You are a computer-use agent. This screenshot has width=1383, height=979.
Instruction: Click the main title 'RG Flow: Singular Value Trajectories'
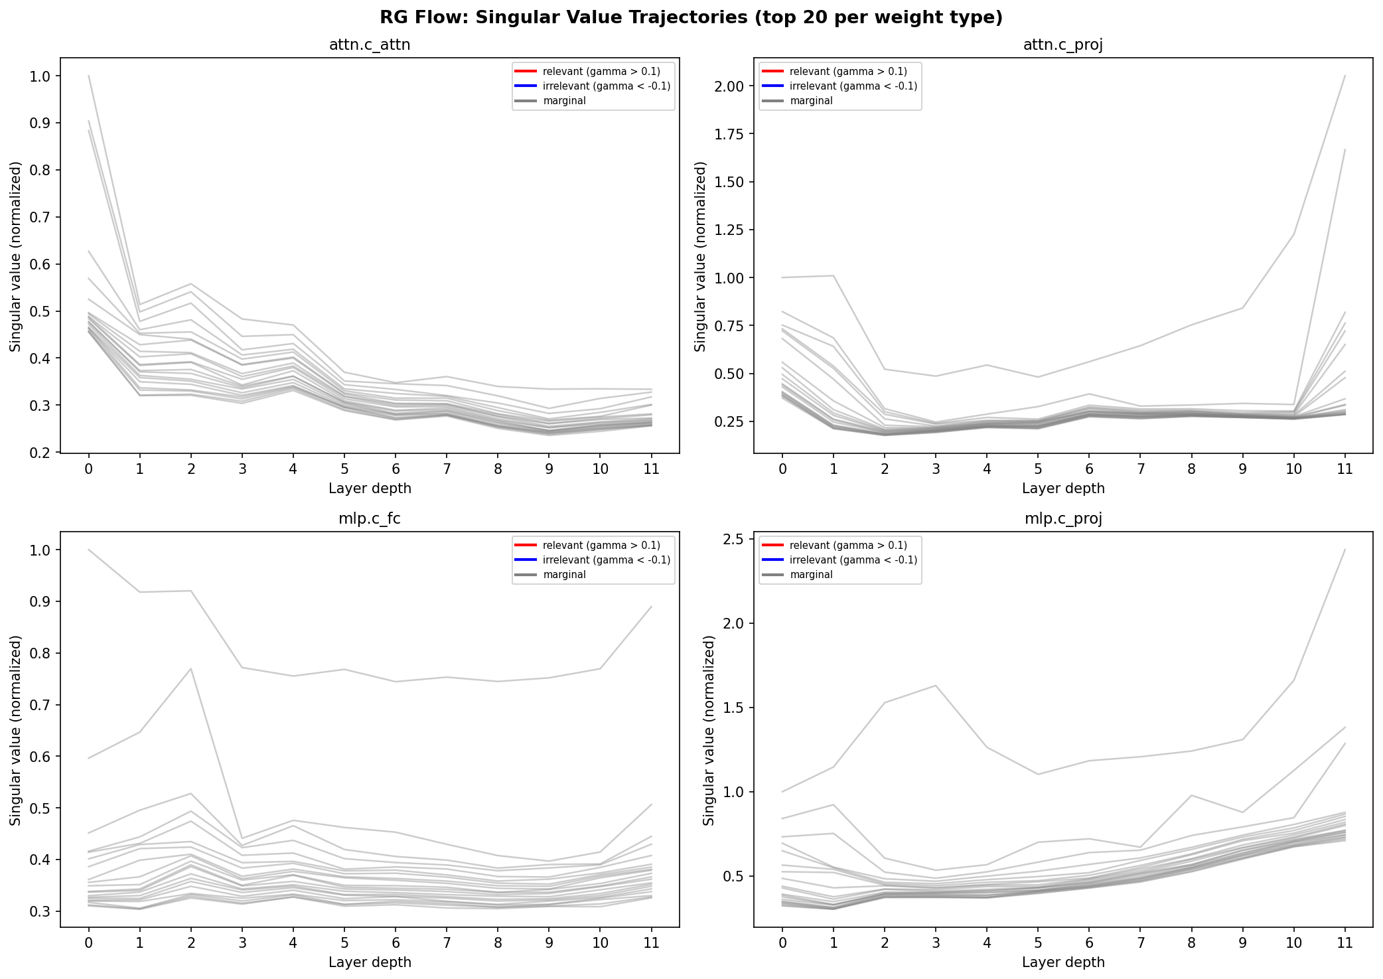[x=691, y=17]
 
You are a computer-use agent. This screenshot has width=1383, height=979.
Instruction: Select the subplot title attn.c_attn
[x=370, y=45]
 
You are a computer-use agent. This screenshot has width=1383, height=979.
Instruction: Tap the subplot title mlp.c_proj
[x=1063, y=519]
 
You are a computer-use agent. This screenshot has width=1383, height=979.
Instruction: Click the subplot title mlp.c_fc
[x=370, y=519]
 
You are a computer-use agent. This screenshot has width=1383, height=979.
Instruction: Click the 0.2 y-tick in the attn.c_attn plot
[x=40, y=453]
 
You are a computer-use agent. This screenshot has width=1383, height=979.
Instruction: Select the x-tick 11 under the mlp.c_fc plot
[x=651, y=943]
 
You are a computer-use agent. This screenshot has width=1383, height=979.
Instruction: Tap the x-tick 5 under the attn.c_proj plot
[x=1038, y=469]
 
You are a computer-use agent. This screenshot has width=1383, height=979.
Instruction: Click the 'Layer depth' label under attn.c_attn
[x=370, y=489]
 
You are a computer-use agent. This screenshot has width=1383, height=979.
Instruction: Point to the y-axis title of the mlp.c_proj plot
[x=709, y=730]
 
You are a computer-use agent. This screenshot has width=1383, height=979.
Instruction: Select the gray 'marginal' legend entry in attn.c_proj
[x=811, y=101]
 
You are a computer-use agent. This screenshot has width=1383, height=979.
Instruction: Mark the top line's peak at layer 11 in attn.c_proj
[x=1345, y=76]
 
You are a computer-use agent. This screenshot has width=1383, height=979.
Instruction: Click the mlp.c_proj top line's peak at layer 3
[x=936, y=686]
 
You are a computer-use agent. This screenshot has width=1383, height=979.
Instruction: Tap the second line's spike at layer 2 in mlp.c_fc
[x=191, y=668]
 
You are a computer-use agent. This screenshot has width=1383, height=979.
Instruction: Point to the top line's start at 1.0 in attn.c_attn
[x=89, y=76]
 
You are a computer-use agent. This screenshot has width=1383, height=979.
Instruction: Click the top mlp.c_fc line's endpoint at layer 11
[x=651, y=607]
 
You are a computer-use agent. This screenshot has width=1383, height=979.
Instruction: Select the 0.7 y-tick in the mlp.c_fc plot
[x=40, y=705]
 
